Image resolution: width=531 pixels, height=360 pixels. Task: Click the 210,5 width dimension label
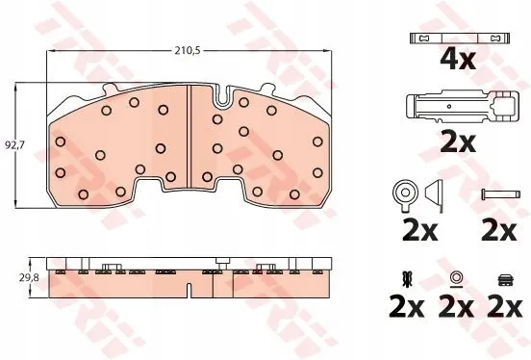pyautogui.click(x=188, y=51)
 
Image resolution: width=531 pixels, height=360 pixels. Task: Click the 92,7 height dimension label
pyautogui.click(x=15, y=145)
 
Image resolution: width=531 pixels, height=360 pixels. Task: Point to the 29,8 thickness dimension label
pyautogui.click(x=29, y=278)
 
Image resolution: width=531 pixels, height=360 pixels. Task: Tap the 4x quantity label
pyautogui.click(x=458, y=59)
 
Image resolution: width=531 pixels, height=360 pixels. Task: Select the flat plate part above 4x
pyautogui.click(x=460, y=38)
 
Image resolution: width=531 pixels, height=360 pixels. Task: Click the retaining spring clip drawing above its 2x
pyautogui.click(x=462, y=107)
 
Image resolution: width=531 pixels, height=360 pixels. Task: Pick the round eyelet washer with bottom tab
pyautogui.click(x=405, y=194)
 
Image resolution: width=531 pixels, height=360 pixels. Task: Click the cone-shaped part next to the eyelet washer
pyautogui.click(x=435, y=196)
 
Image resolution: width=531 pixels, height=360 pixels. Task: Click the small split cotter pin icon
pyautogui.click(x=406, y=278)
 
